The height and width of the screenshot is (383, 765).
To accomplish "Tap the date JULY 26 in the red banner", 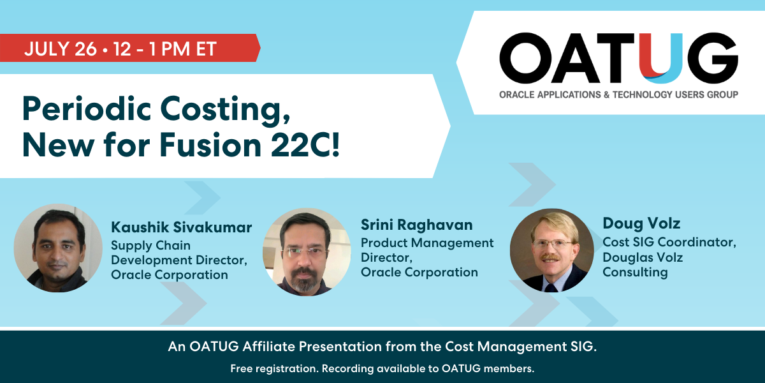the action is (61, 49).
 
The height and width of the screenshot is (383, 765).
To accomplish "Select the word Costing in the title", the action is (226, 110).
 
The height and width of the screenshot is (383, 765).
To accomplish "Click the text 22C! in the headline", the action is (305, 145).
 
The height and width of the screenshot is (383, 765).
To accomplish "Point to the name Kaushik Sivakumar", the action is (181, 227).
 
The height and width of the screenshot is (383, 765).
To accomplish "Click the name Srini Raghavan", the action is (417, 225).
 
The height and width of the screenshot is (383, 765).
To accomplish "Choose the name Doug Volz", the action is (641, 223).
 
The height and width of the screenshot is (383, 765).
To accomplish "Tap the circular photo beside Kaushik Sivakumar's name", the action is (58, 248).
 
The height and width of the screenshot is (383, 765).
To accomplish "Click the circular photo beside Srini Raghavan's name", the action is (307, 252).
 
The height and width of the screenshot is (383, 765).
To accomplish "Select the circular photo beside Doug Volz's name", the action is (552, 250).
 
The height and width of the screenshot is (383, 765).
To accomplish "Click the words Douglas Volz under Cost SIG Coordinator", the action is (643, 257).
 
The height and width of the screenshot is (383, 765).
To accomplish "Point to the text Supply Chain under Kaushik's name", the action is (150, 246).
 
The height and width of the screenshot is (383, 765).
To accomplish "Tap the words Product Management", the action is (427, 243).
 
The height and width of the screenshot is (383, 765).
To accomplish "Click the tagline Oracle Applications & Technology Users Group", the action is (618, 94).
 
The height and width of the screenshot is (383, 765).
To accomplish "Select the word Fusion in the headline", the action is (210, 145).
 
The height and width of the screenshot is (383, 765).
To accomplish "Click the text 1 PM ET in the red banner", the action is (183, 49).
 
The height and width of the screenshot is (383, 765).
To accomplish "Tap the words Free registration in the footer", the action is (274, 368).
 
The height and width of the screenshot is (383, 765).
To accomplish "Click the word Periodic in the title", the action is (87, 109).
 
